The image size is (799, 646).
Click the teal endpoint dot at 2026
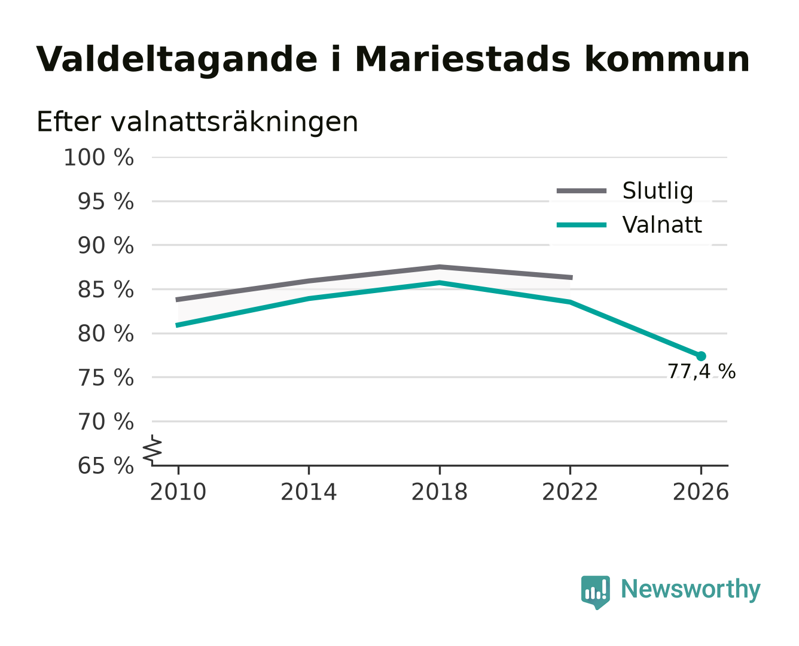coord(700,356)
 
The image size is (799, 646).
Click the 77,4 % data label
coord(701,372)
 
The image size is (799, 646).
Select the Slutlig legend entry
coord(624,191)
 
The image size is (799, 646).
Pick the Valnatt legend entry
coord(629,225)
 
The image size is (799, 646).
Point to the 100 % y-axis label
coord(99,157)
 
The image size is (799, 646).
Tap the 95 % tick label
coord(105,202)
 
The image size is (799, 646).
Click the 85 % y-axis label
coord(105,290)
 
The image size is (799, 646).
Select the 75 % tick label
coord(105,377)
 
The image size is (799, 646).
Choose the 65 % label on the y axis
coord(105,465)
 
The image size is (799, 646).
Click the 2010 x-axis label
coord(178,492)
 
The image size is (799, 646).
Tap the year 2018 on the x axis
coord(439,492)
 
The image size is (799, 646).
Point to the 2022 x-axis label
coord(570,492)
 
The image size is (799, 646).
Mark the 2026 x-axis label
coord(700,492)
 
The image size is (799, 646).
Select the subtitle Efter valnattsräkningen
coord(197,122)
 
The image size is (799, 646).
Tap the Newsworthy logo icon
coord(596,592)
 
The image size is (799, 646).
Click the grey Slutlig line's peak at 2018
coord(439,267)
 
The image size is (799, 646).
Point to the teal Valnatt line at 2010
coord(178,325)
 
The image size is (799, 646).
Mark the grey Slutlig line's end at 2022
coord(571,278)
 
